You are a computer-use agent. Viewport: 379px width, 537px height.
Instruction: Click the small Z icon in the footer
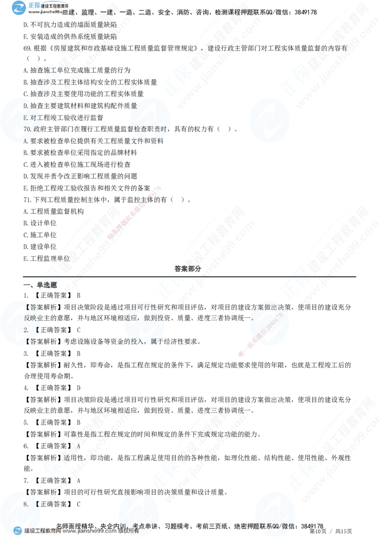point(18,531)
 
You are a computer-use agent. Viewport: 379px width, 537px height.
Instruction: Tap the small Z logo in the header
point(19,7)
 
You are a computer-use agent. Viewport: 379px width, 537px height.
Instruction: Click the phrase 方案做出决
point(268,307)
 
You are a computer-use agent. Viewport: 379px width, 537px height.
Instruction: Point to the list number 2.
point(27,329)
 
